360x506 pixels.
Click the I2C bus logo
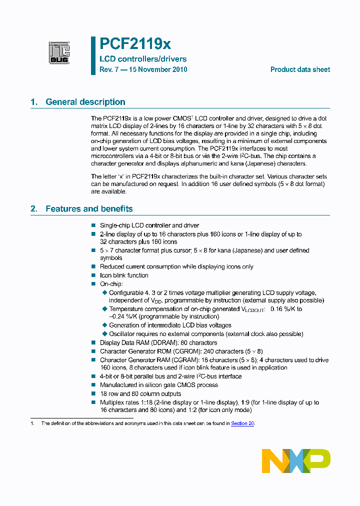pyautogui.click(x=59, y=52)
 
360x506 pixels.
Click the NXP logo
pyautogui.click(x=296, y=460)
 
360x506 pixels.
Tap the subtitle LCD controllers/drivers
pyautogui.click(x=143, y=59)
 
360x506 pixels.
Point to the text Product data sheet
pyautogui.click(x=300, y=69)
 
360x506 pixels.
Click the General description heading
pyautogui.click(x=85, y=102)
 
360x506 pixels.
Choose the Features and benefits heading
pyautogui.click(x=89, y=209)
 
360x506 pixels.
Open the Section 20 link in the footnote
pyautogui.click(x=242, y=423)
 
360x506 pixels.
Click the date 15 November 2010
pyautogui.click(x=159, y=69)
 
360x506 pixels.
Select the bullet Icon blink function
pyautogui.click(x=124, y=275)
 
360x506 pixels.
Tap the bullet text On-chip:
pyautogui.click(x=111, y=284)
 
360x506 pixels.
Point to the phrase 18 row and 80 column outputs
pyautogui.click(x=140, y=394)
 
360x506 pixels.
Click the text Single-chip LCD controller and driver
pyautogui.click(x=149, y=226)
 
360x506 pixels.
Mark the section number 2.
pyautogui.click(x=33, y=209)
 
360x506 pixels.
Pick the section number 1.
pyautogui.click(x=33, y=102)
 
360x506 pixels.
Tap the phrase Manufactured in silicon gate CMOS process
pyautogui.click(x=159, y=385)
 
